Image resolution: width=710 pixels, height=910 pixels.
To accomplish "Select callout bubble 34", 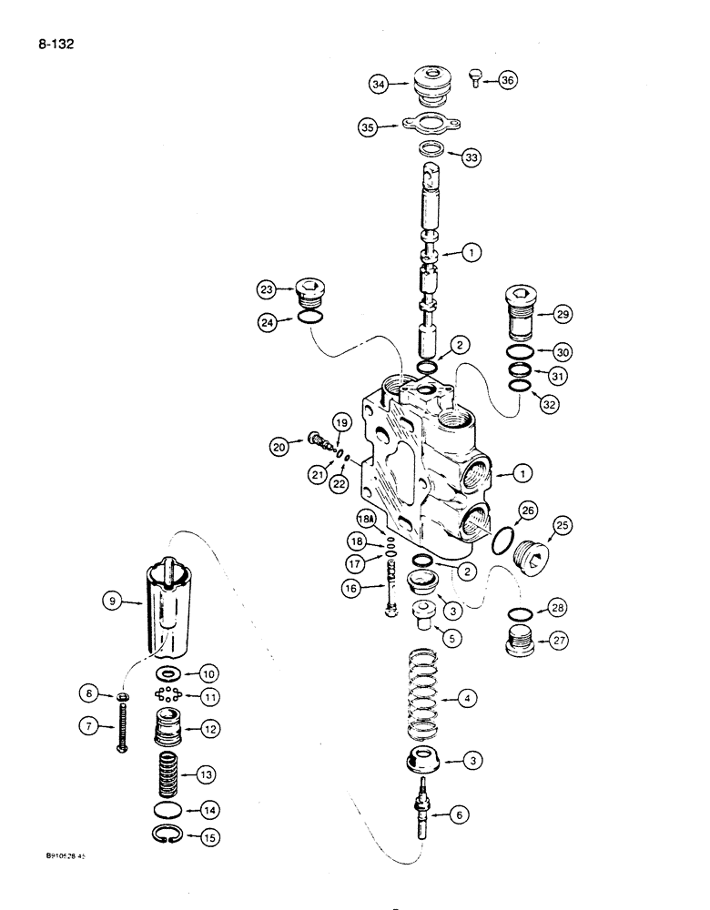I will click(379, 84).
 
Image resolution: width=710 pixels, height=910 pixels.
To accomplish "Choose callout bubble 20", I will click(279, 446).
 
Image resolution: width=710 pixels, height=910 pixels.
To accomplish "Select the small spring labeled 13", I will click(167, 773).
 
